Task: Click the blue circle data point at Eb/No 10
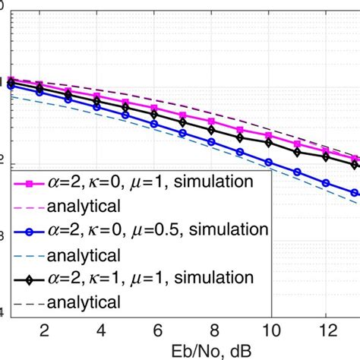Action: [x=268, y=162]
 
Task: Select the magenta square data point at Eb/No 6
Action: [x=156, y=109]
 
